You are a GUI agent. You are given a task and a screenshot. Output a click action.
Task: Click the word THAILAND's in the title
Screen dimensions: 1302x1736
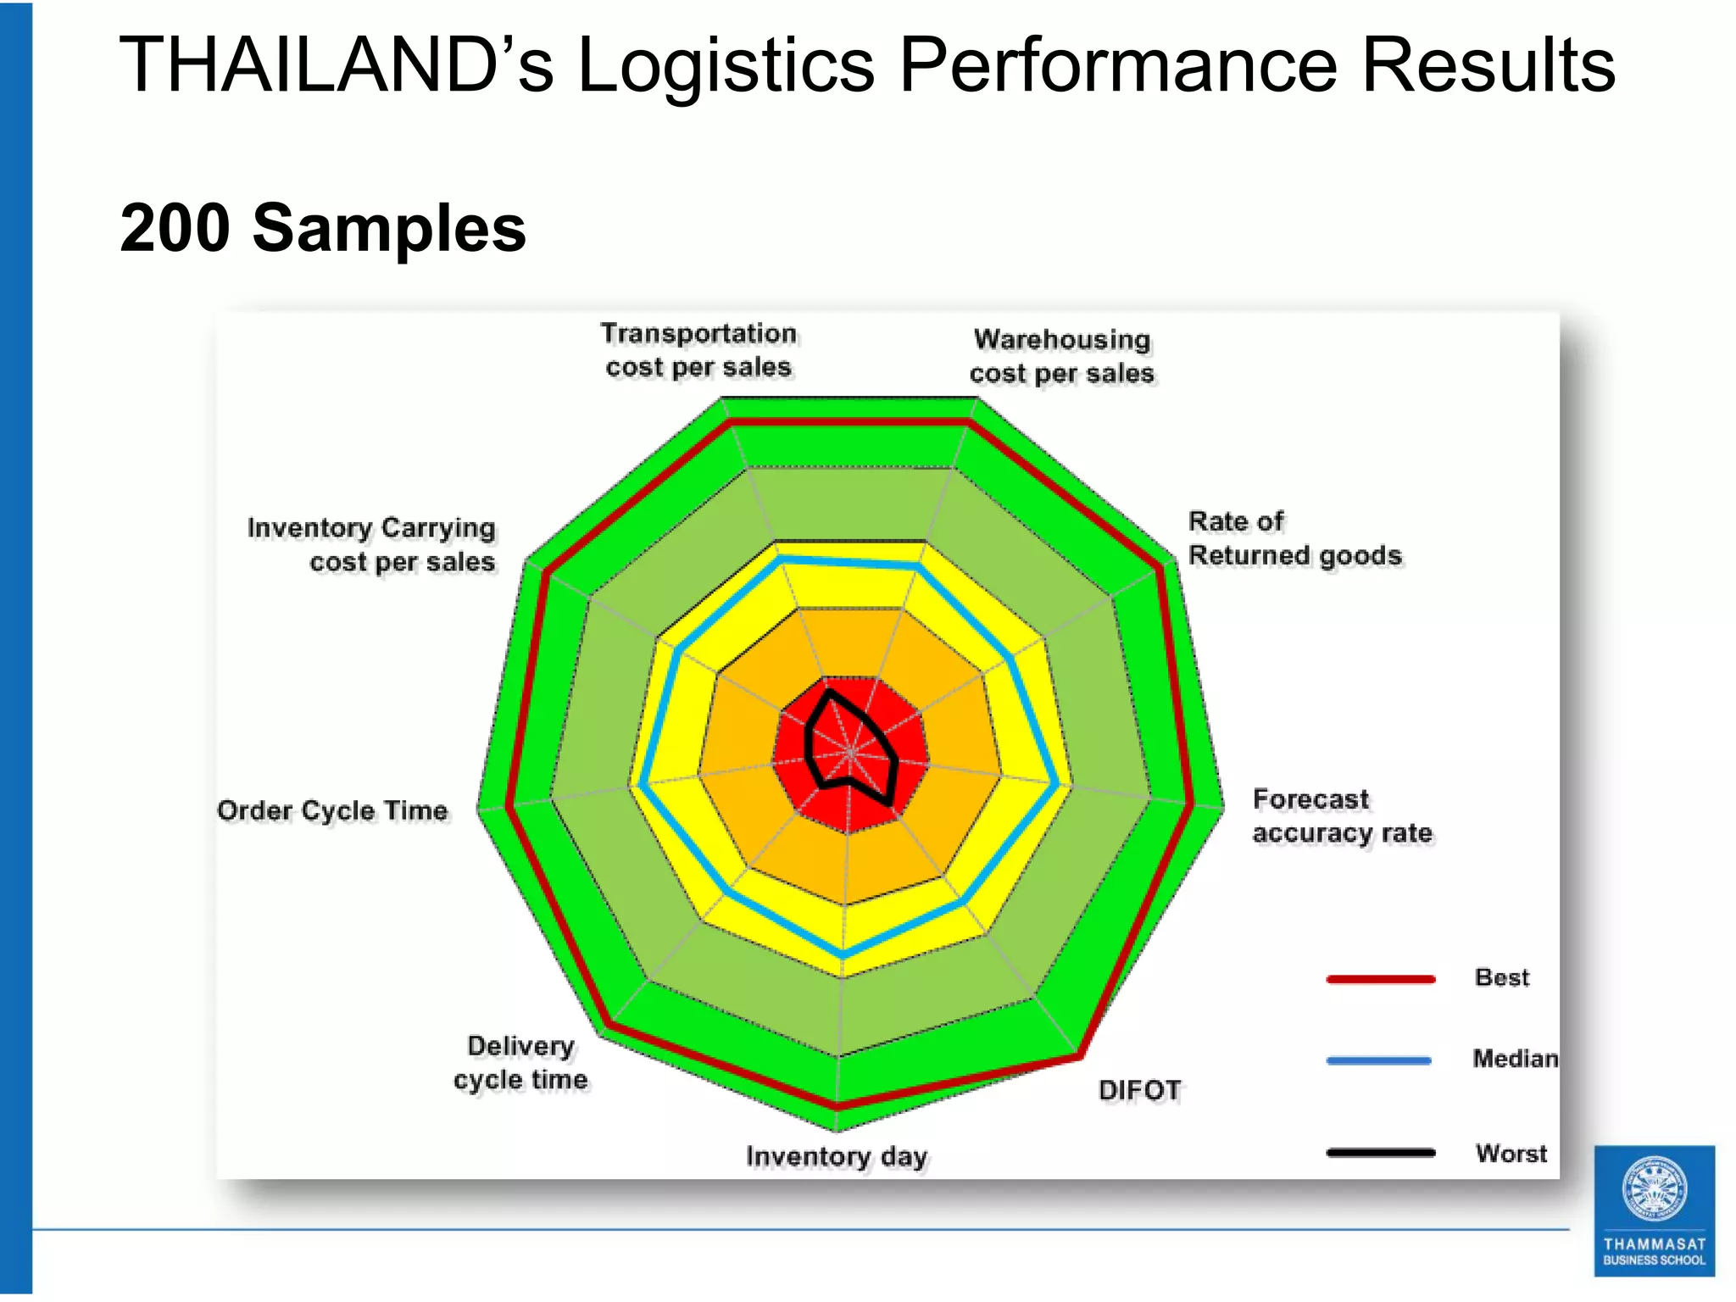tap(336, 64)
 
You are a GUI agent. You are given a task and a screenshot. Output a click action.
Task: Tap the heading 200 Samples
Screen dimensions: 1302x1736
tap(323, 228)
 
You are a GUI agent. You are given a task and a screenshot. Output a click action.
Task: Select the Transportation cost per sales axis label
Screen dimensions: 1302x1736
tap(698, 350)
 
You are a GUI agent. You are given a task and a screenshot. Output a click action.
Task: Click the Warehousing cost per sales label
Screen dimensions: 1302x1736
tap(1061, 356)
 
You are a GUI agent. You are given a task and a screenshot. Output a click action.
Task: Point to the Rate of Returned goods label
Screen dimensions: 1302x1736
tap(1294, 538)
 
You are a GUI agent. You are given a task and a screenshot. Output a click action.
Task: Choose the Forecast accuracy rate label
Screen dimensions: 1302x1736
tap(1342, 815)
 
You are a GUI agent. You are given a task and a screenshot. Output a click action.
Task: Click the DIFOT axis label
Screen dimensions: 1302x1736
tap(1139, 1090)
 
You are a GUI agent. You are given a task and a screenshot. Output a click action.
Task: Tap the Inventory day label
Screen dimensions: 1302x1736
tap(837, 1156)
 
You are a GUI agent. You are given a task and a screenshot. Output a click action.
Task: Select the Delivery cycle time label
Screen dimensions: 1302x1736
tap(520, 1063)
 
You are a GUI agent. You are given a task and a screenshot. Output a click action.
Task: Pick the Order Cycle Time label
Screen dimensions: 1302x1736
tap(332, 810)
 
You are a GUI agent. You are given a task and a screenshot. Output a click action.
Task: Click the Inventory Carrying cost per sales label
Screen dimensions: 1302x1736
tap(371, 544)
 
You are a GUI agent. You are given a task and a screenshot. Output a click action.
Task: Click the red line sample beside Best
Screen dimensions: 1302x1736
tap(1381, 979)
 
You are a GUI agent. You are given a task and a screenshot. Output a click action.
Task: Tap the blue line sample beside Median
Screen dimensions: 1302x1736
tap(1379, 1060)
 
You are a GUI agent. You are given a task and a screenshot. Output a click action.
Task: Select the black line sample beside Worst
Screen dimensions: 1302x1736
tap(1381, 1153)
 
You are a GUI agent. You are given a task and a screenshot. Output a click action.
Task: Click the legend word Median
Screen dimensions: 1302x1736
tap(1515, 1059)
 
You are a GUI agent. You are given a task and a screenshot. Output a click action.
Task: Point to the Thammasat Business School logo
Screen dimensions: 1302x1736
tap(1654, 1210)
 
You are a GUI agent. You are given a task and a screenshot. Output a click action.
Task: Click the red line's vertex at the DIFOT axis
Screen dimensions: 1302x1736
tap(1080, 1056)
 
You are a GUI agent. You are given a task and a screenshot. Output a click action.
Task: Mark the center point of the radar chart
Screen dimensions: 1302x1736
tap(850, 752)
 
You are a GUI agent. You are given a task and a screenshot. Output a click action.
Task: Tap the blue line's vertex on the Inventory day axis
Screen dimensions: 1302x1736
tap(843, 955)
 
